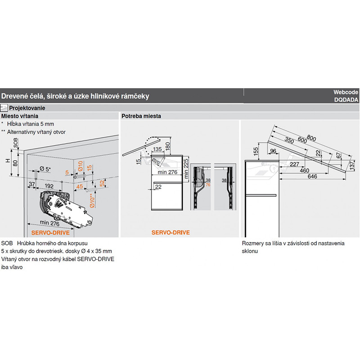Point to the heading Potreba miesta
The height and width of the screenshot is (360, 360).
pyautogui.click(x=141, y=116)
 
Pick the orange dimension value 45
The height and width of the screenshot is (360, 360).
pyautogui.click(x=80, y=185)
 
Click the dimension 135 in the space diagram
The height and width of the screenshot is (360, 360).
pyautogui.click(x=157, y=149)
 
